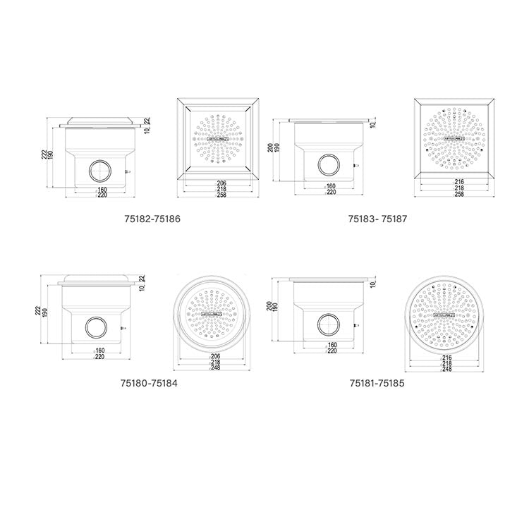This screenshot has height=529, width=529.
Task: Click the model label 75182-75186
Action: tap(151, 219)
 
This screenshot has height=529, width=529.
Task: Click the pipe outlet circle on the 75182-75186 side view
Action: tap(99, 170)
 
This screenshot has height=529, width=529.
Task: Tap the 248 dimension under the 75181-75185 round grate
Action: tap(446, 370)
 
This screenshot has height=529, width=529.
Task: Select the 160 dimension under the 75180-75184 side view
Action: tap(99, 351)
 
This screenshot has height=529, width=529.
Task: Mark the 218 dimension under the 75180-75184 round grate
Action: tap(214, 363)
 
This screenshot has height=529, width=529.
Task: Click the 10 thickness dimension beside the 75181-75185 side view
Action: tap(372, 283)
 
